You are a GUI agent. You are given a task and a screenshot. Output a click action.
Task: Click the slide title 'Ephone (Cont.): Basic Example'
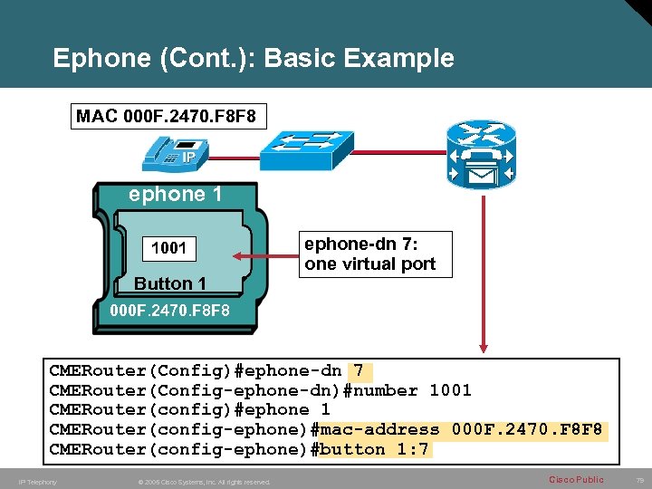(x=254, y=59)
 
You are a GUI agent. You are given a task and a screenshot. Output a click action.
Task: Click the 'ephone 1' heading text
(x=176, y=195)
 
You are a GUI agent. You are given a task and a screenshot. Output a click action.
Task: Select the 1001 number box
(x=169, y=247)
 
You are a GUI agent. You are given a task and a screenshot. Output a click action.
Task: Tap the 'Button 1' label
(x=170, y=283)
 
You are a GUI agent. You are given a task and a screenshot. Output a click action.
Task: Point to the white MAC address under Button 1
(x=169, y=312)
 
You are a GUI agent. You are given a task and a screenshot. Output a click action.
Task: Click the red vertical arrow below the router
(x=484, y=272)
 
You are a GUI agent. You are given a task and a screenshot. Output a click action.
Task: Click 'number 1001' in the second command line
(x=412, y=390)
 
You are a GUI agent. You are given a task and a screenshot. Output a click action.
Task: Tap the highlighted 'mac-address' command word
(x=380, y=429)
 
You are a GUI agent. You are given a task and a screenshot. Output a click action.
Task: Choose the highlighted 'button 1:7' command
(x=375, y=449)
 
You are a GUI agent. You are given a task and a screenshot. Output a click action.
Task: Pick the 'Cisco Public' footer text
(x=576, y=479)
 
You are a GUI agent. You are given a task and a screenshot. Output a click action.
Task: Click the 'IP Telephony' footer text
(x=37, y=482)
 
